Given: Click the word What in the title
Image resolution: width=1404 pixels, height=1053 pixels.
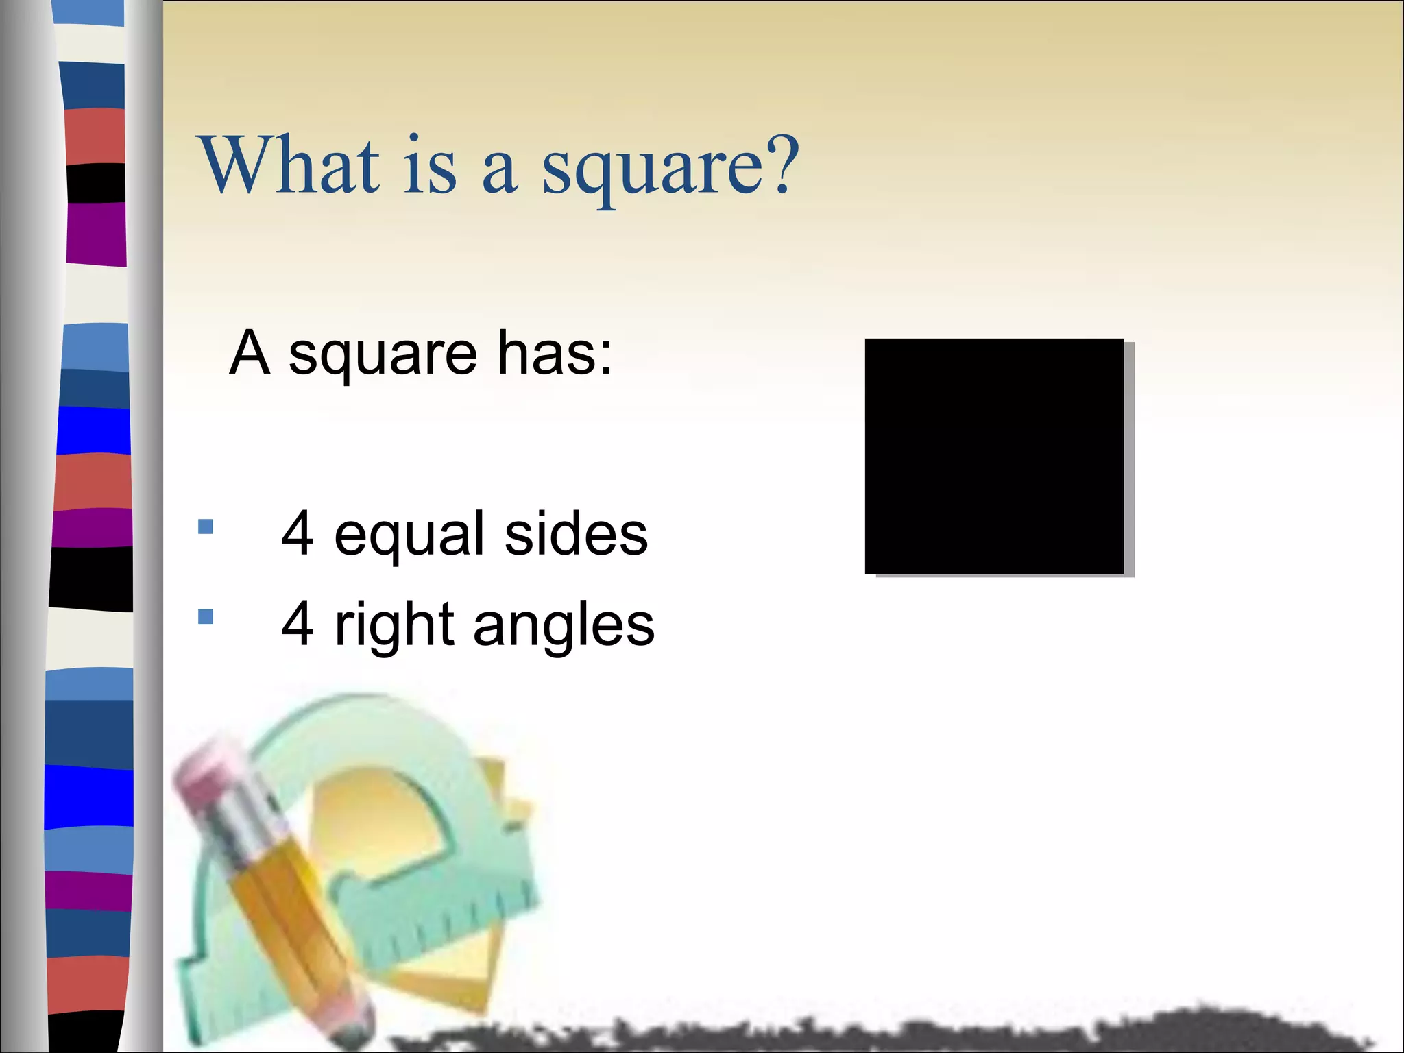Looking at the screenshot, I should [x=289, y=166].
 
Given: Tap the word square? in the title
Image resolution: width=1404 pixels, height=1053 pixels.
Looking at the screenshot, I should [x=670, y=168].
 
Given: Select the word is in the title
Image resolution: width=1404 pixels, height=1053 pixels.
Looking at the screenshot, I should [x=429, y=166].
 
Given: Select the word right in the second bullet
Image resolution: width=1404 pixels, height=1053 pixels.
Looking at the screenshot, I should [x=394, y=625].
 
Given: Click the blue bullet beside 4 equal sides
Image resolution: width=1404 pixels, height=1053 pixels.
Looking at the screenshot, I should [x=206, y=526].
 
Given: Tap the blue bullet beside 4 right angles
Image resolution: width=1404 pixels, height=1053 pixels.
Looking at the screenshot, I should [x=206, y=617].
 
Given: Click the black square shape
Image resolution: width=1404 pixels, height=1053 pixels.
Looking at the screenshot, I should [x=994, y=456].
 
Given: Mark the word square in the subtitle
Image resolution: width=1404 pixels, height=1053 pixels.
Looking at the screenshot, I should [x=383, y=355].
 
